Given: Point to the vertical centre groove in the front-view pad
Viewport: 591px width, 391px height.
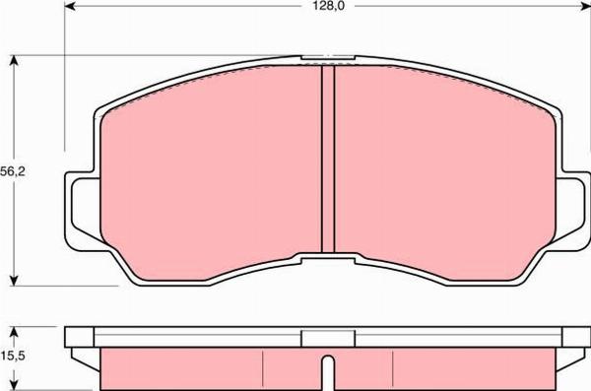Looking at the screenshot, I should pyautogui.click(x=328, y=158).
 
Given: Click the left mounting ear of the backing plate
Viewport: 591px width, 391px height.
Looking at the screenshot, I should pyautogui.click(x=80, y=207).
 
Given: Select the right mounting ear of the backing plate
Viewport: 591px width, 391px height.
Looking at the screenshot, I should pyautogui.click(x=575, y=207).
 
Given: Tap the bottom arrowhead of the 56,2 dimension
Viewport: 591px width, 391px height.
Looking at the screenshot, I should pyautogui.click(x=14, y=279).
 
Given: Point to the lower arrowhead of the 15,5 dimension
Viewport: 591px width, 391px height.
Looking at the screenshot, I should pyautogui.click(x=14, y=385).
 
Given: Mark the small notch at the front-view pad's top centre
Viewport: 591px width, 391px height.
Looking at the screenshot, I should pyautogui.click(x=316, y=57).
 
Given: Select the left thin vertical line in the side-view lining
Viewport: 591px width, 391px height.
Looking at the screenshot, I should pyautogui.click(x=263, y=368).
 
